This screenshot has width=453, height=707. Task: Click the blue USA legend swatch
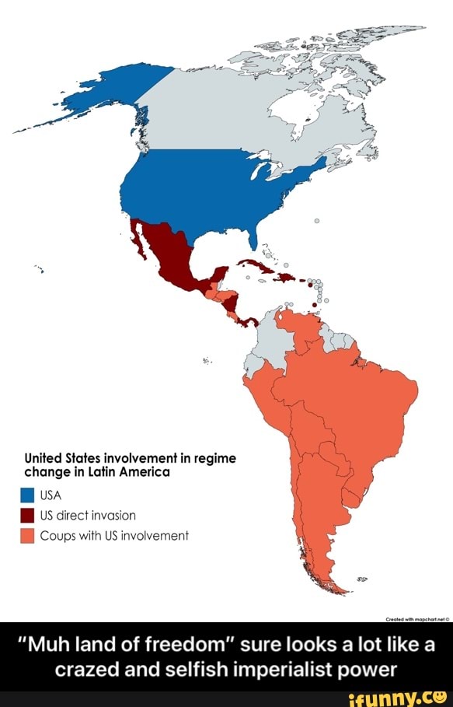[x=27, y=495]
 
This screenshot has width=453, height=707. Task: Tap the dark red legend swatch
[x=27, y=515]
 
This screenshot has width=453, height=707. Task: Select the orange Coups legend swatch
[x=27, y=535]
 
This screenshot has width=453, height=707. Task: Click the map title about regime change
[x=124, y=464]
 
